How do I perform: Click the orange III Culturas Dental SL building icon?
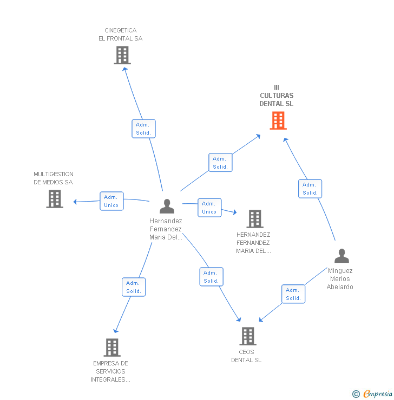278,121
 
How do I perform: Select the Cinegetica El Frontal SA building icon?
122,55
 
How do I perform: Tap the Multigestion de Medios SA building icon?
55,199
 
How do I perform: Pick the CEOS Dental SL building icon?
248,336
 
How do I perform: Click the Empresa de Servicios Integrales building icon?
112,348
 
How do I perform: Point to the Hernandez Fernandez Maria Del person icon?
167,206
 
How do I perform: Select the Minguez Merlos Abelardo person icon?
342,256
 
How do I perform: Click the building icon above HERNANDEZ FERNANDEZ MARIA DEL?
255,219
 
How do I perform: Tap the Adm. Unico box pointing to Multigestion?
111,201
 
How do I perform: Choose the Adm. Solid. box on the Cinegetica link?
143,129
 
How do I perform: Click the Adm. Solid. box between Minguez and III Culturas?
310,189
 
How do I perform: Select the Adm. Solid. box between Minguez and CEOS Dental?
293,294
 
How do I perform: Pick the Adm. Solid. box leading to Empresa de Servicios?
134,287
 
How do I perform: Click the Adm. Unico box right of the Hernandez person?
209,208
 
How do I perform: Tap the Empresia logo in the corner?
378,394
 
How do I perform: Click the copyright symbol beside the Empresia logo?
356,394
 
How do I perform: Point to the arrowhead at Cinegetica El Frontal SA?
125,69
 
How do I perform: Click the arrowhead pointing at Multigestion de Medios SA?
75,202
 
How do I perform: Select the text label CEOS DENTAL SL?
246,356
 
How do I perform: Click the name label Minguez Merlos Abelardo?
340,278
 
